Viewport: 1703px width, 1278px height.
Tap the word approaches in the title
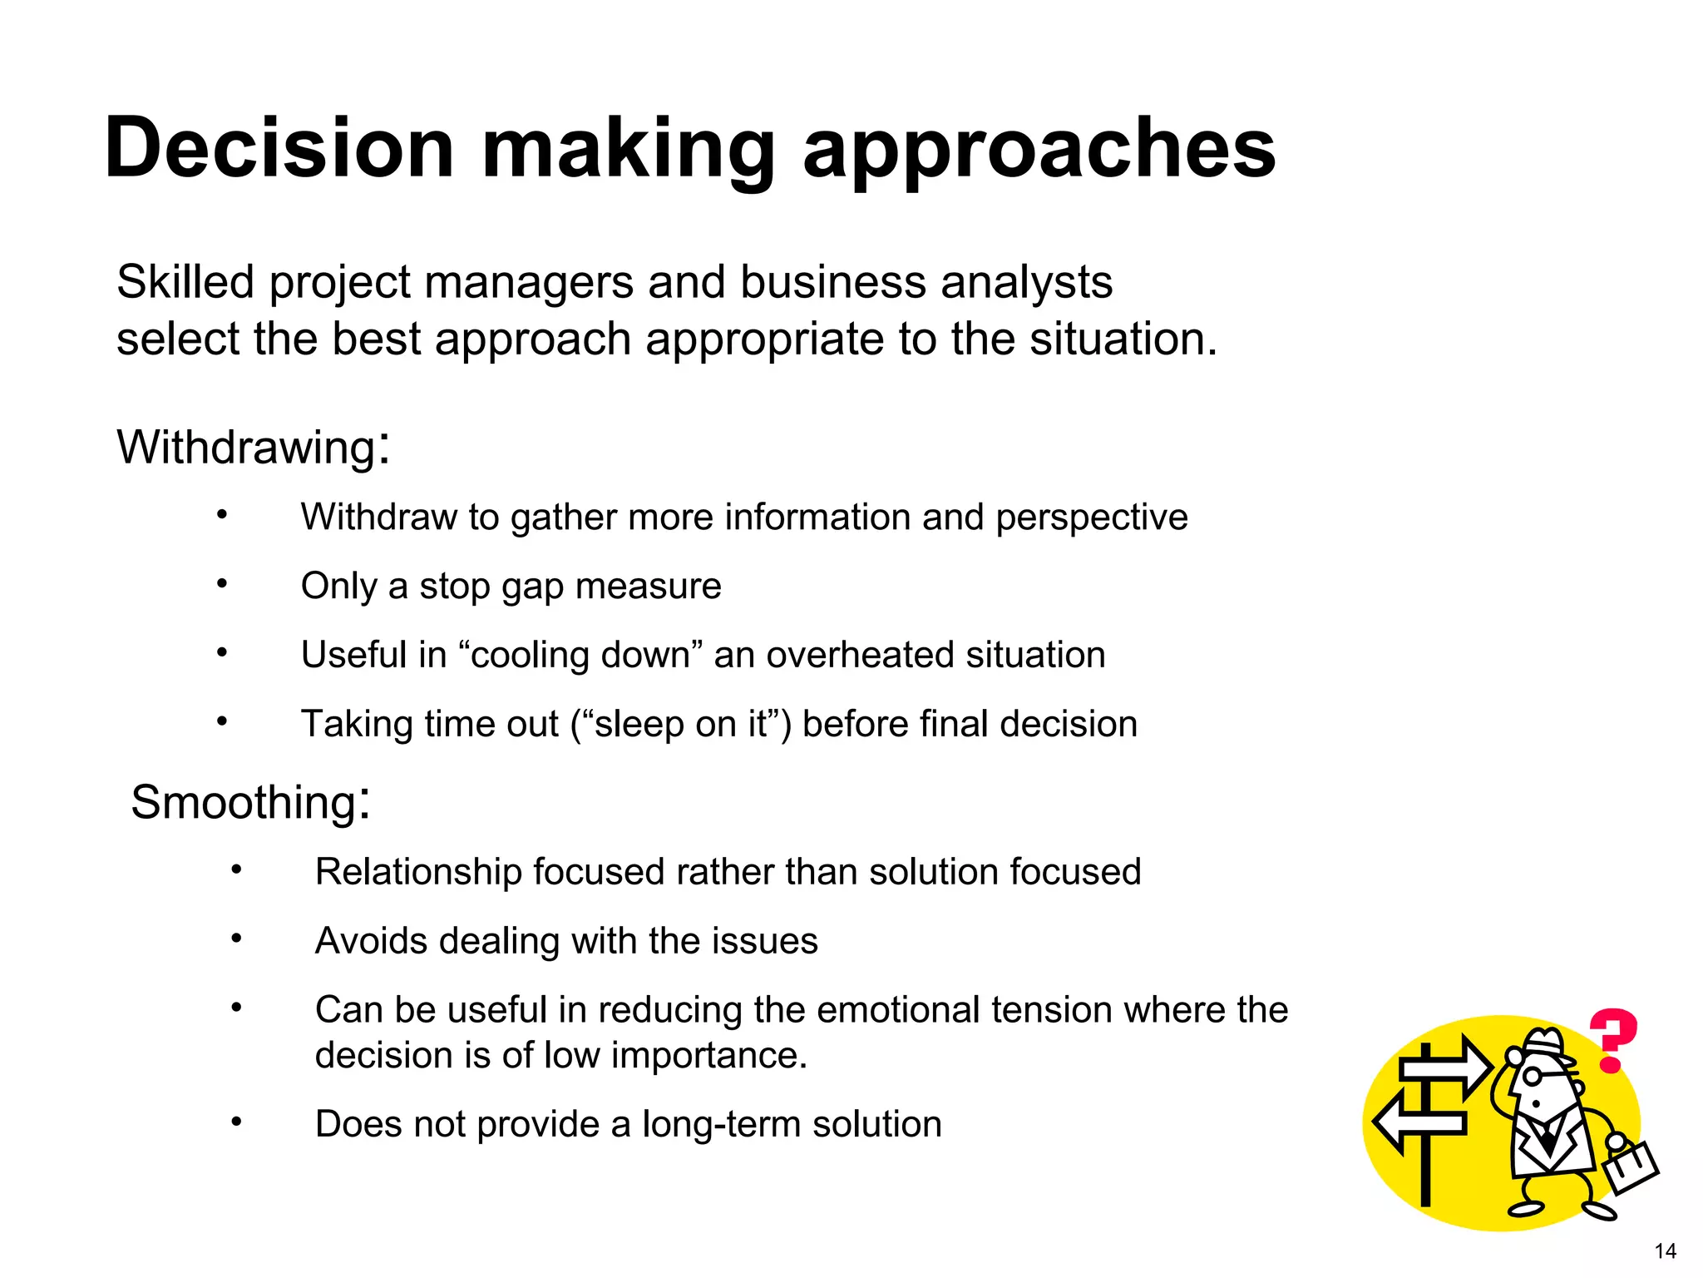pos(1039,150)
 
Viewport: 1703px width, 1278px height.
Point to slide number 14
pos(1665,1251)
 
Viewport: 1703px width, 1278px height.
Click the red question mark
pos(1613,1040)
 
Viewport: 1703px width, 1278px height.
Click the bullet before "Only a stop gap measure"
pos(222,584)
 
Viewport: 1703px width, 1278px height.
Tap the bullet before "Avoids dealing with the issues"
pos(237,939)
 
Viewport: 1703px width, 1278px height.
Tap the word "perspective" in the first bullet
pos(1092,518)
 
